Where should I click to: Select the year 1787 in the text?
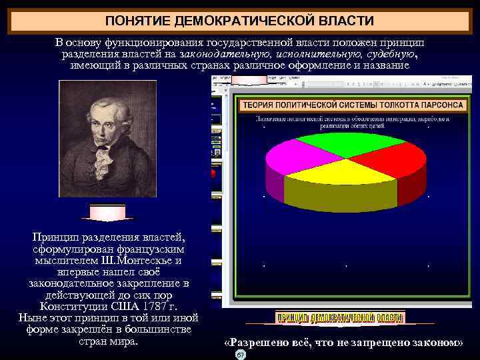(x=151, y=306)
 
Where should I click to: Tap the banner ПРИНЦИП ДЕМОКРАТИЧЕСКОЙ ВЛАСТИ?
(x=340, y=318)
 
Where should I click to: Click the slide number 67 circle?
(x=241, y=355)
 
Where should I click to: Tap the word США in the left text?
(x=120, y=306)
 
